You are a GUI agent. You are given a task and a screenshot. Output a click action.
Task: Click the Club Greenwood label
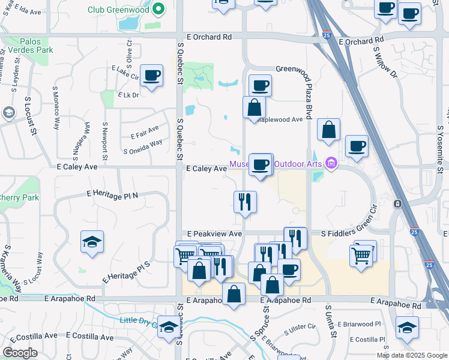coord(118,10)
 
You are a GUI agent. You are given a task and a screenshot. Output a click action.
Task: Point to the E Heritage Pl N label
coord(112,194)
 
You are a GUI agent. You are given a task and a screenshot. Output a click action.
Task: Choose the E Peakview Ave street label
coord(214,233)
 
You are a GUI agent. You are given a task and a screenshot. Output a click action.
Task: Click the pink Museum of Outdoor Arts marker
coord(330,163)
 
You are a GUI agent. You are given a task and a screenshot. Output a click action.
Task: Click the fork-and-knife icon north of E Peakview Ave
coord(245,202)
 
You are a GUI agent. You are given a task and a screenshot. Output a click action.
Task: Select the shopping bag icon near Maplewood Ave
coord(255,108)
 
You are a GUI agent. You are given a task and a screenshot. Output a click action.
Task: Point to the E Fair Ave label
coord(144,129)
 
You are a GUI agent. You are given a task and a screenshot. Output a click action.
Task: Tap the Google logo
coord(20,352)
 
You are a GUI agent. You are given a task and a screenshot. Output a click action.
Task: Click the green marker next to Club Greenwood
coord(158,9)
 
